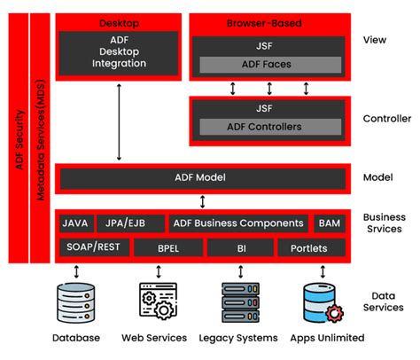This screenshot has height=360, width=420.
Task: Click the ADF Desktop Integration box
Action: [x=120, y=52]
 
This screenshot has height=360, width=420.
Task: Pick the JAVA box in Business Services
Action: [x=75, y=223]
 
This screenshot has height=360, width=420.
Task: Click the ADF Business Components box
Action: [x=239, y=223]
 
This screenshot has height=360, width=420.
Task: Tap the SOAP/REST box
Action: [x=92, y=247]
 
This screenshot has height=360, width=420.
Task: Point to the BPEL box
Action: [x=168, y=247]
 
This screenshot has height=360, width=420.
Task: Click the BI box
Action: [x=240, y=247]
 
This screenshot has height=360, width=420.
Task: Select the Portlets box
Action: [x=314, y=247]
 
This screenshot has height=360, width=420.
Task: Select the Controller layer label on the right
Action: [x=387, y=118]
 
